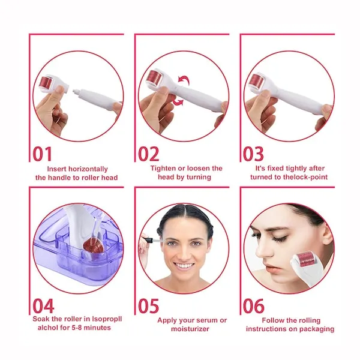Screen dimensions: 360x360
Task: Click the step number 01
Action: [43, 154]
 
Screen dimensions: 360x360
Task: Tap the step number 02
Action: [149, 154]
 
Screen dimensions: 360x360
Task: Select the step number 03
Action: [253, 154]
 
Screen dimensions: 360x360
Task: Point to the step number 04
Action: [44, 306]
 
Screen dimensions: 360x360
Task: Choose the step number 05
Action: [149, 306]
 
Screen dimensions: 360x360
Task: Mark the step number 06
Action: [254, 306]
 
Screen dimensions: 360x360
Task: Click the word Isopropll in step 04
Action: [107, 319]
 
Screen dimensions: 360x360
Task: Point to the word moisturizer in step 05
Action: [190, 329]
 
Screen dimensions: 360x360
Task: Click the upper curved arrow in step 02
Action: [184, 80]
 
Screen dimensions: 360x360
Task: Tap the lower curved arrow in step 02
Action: [178, 102]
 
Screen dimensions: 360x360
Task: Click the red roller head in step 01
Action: [46, 83]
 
